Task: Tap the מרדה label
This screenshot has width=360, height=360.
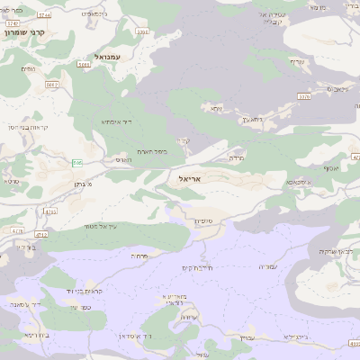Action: pos(237,157)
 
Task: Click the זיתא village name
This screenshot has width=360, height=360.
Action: pos(215,109)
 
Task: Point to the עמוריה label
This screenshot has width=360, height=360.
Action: pos(268,266)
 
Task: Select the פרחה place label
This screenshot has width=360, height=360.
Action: pos(140,256)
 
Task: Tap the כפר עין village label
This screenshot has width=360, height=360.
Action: pos(79,307)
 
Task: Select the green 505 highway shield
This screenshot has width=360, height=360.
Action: pos(78,163)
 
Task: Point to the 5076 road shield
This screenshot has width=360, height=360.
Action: pos(304,96)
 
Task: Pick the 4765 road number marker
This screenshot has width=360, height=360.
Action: pos(49,211)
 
